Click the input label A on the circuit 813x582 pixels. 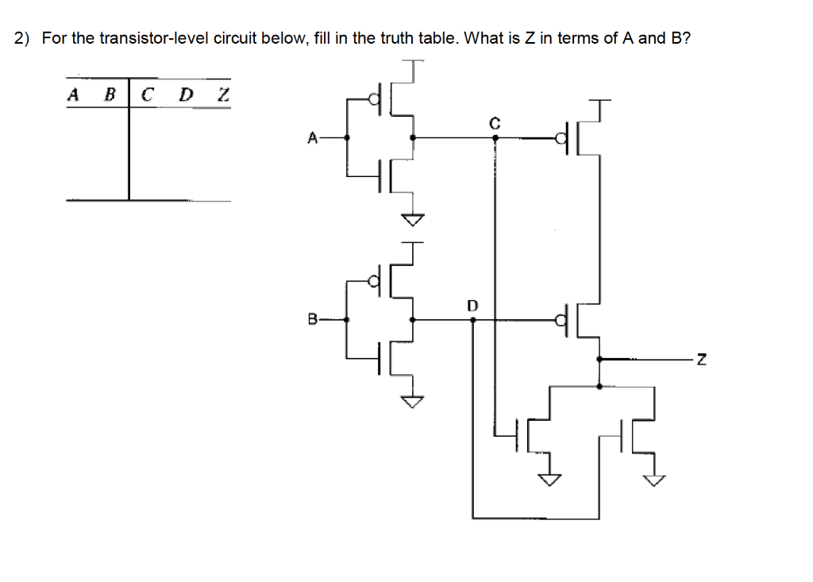312,138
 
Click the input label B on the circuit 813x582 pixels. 312,321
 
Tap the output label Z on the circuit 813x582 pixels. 699,360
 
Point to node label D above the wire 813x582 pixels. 473,305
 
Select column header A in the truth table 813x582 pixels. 74,95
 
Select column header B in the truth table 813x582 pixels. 110,95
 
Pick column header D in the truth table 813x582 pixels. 185,95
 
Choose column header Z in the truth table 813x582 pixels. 223,95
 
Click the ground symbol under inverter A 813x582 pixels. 412,219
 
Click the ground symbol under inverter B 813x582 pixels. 412,402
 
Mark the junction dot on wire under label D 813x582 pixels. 473,320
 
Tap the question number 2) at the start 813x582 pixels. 23,38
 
